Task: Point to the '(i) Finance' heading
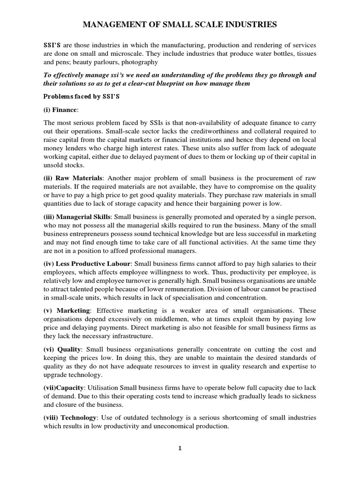click(60, 110)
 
